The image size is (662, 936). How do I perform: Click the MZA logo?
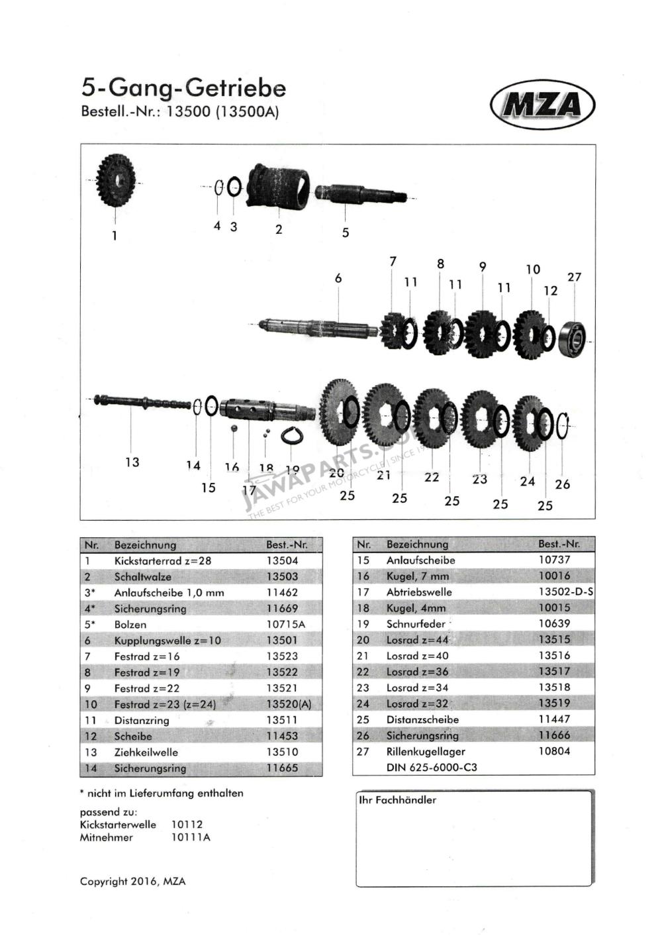pyautogui.click(x=542, y=105)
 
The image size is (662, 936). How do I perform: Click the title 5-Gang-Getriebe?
pyautogui.click(x=184, y=87)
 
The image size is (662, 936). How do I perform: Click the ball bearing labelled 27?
pyautogui.click(x=572, y=337)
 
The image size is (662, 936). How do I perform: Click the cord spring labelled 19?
pyautogui.click(x=292, y=436)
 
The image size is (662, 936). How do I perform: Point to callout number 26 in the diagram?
pyautogui.click(x=562, y=484)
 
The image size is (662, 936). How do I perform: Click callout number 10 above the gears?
pyautogui.click(x=532, y=270)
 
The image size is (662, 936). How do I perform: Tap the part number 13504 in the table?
pyautogui.click(x=282, y=561)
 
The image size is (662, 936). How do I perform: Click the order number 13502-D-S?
pyautogui.click(x=566, y=592)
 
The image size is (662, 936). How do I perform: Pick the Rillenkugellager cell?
pyautogui.click(x=426, y=751)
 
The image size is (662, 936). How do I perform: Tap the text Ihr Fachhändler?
pyautogui.click(x=398, y=800)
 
